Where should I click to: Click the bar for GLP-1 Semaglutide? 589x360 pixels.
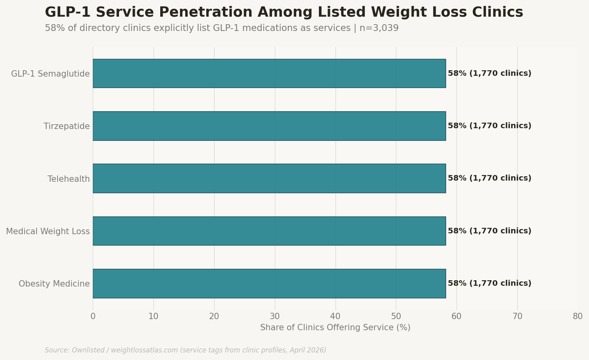269,73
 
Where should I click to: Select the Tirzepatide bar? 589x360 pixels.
269,126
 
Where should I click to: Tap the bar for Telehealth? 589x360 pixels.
269,178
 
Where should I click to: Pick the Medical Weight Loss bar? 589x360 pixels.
269,231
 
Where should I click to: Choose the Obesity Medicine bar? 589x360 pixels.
269,283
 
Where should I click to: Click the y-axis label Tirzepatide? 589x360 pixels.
67,126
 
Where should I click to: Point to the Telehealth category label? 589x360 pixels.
69,179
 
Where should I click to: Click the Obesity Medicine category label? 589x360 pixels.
54,284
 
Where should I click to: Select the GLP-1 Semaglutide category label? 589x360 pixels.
50,74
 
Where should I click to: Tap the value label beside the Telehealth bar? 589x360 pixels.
489,178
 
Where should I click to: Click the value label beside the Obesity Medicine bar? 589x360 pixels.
489,283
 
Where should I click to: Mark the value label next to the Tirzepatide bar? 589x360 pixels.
489,126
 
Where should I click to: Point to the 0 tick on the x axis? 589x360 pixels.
93,316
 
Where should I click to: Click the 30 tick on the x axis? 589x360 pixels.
275,316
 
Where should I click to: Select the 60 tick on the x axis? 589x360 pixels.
457,316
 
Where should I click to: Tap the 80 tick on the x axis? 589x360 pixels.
577,316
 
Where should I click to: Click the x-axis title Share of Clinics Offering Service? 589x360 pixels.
335,328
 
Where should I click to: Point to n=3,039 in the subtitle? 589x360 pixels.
379,29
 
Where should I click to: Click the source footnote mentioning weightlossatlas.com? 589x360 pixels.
185,350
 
